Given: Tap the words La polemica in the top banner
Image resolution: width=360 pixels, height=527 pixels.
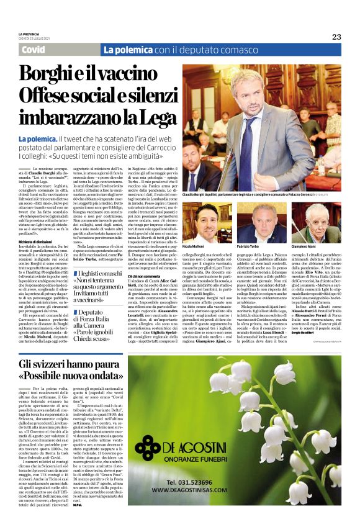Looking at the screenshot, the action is click(x=127, y=50).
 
